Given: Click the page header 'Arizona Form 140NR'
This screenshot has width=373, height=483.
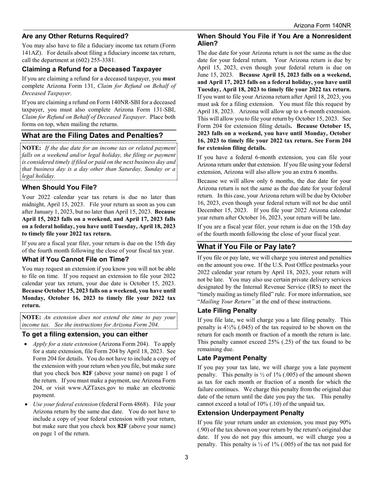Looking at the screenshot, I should pyautogui.click(x=322, y=26).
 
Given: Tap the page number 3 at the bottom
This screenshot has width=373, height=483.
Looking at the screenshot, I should pyautogui.click(x=186, y=457).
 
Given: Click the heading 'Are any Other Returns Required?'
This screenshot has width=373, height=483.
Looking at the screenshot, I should pyautogui.click(x=75, y=36).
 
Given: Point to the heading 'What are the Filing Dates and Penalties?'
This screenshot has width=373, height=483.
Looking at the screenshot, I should pyautogui.click(x=92, y=135).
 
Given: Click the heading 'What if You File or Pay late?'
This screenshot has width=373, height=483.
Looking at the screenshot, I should pyautogui.click(x=246, y=246).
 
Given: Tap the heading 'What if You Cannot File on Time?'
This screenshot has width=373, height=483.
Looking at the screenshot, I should pyautogui.click(x=75, y=259).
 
